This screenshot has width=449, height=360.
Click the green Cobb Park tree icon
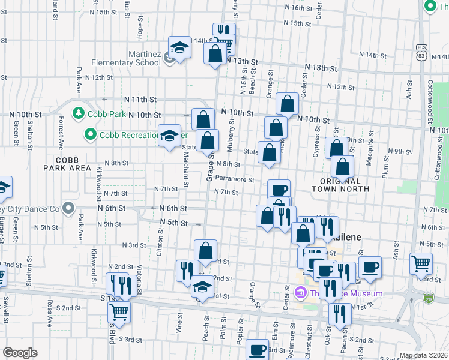pyautogui.click(x=78, y=113)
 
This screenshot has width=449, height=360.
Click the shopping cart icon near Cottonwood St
pyautogui.click(x=421, y=263)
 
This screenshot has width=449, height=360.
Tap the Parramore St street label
pyautogui.click(x=240, y=178)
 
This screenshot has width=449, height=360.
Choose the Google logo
pyautogui.click(x=21, y=352)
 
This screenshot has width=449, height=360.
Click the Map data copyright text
pyautogui.click(x=423, y=355)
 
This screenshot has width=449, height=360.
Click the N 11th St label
pyautogui.click(x=140, y=99)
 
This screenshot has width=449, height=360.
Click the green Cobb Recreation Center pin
pyautogui.click(x=90, y=134)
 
